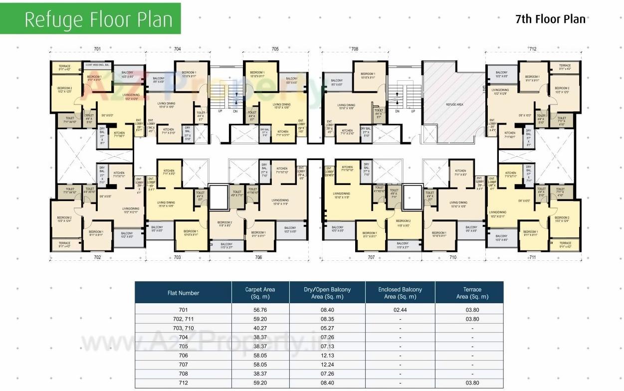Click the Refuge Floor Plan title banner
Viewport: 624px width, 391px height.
(98, 19)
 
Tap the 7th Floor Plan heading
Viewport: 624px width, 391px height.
(550, 19)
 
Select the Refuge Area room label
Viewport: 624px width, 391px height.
(454, 105)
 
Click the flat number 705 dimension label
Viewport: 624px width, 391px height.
(275, 49)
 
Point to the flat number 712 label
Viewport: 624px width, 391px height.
(533, 49)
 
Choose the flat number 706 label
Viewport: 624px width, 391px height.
(258, 257)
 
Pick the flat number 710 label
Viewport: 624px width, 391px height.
(453, 257)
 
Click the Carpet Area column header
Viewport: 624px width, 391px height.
(260, 293)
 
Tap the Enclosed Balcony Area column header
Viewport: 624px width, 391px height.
(400, 293)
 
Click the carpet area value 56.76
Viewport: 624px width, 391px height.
(260, 309)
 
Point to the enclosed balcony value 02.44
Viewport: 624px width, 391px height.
(400, 309)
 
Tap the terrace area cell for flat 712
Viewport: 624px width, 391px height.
(472, 383)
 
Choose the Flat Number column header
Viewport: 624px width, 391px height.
(183, 293)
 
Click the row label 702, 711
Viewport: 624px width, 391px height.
(183, 318)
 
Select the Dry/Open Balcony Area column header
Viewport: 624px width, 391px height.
(327, 293)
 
